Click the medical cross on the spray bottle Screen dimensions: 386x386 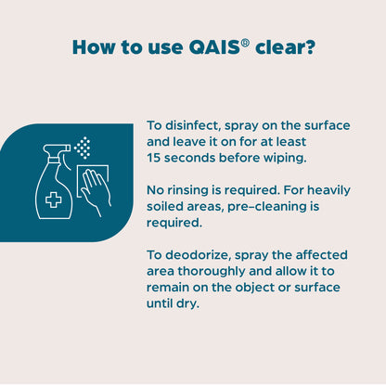(54, 200)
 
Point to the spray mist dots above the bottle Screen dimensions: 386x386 (84, 148)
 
